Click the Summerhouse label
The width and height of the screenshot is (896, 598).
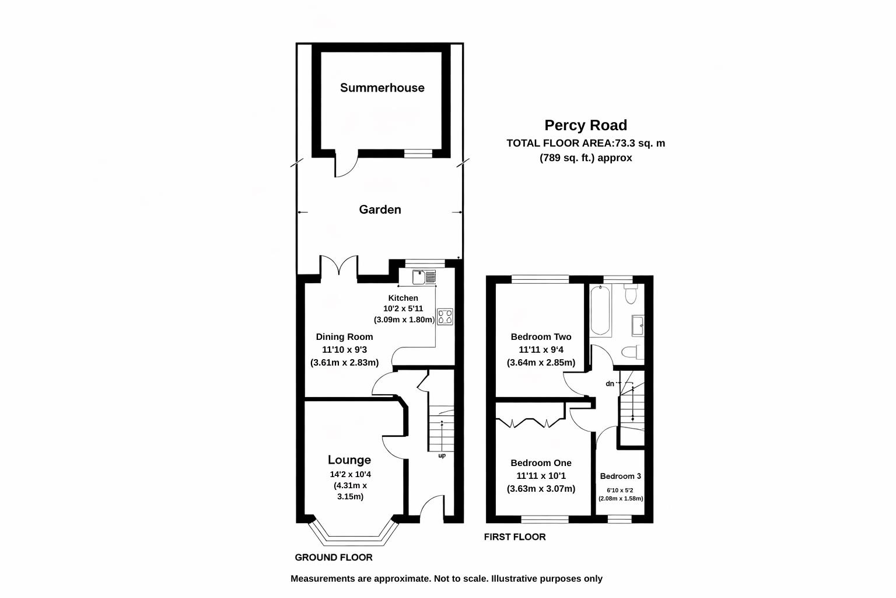[382, 88]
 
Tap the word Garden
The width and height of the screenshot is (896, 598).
[380, 209]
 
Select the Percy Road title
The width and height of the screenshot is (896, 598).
[586, 125]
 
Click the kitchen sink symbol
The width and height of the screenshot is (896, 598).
[424, 277]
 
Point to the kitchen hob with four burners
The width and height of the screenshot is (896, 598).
[445, 317]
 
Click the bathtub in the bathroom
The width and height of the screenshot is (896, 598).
[600, 311]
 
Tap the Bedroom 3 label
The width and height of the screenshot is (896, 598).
[620, 476]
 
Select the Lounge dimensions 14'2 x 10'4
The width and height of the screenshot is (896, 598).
[350, 474]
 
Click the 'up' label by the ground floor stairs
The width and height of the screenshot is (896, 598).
[442, 456]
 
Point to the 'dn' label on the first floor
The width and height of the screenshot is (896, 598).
[610, 384]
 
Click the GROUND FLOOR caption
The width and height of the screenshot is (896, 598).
[333, 557]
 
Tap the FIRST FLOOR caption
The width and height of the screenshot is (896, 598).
[514, 537]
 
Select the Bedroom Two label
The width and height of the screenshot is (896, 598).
[541, 336]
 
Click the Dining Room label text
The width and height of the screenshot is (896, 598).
[344, 336]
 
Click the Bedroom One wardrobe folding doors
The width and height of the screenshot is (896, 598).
[530, 423]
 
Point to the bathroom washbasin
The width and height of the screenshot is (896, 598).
[638, 325]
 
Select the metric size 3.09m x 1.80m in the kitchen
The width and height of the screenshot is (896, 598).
[404, 319]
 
